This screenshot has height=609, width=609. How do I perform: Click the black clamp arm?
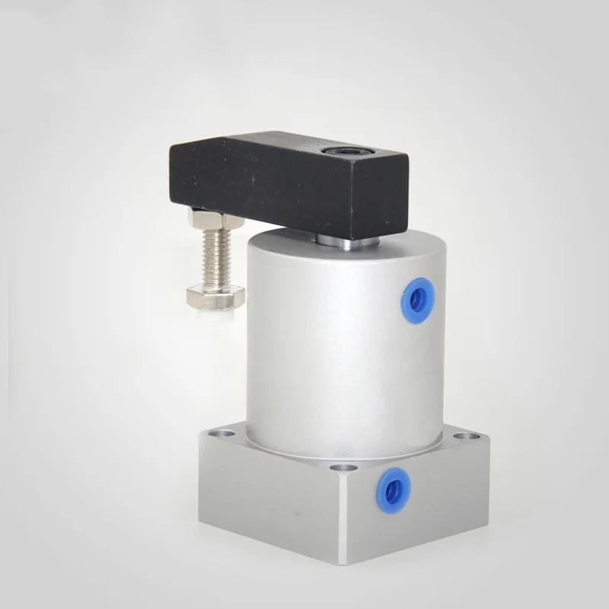[x=282, y=187]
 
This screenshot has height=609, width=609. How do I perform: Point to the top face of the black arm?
[x=289, y=147]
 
